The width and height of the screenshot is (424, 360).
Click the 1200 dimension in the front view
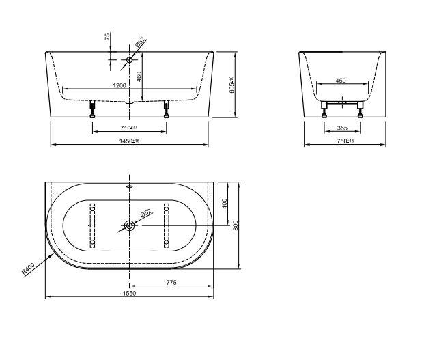tap(119, 85)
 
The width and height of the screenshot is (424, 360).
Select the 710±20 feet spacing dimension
tap(128, 128)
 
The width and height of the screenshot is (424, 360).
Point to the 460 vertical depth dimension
tap(139, 76)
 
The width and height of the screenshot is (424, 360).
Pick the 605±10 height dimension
tap(232, 84)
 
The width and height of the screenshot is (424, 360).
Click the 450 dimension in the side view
tap(341, 81)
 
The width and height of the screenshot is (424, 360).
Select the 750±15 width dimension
tap(346, 141)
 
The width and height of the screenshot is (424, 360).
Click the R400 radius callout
tap(28, 268)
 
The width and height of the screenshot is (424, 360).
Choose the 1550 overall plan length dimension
tap(129, 294)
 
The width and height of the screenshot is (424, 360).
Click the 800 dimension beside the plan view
tap(236, 225)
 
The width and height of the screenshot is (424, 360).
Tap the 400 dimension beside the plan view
tap(225, 204)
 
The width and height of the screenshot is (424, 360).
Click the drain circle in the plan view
tap(129, 225)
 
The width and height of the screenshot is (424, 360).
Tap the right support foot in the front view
tap(165, 109)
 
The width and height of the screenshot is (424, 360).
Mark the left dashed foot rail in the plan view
tap(93, 225)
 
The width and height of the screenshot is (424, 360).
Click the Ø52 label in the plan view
tap(145, 214)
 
